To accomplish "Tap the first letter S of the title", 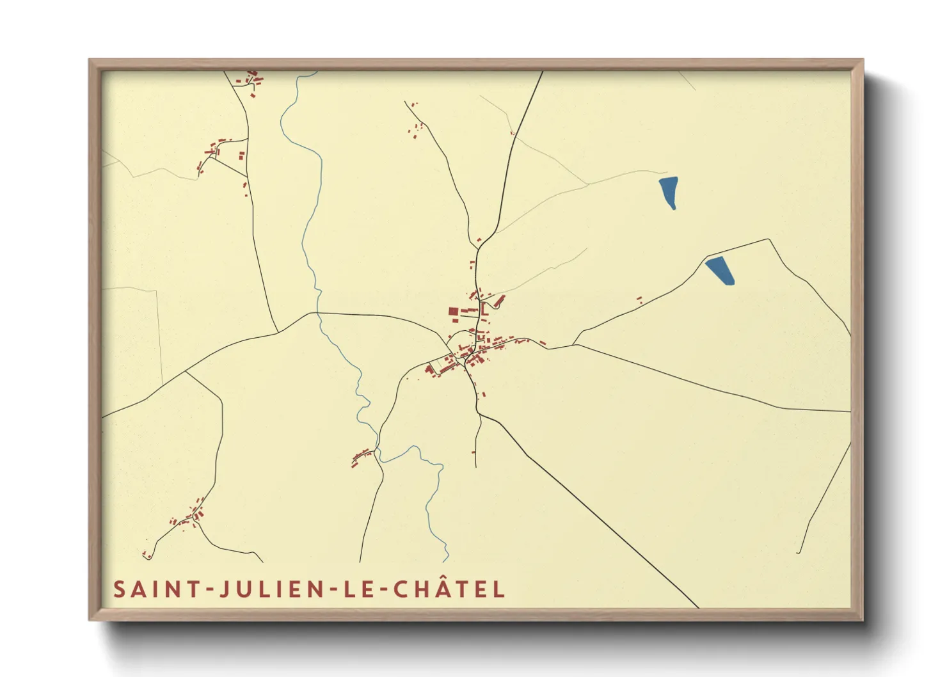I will pyautogui.click(x=120, y=589).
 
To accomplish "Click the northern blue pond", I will pyautogui.click(x=669, y=192).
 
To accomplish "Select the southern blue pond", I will pyautogui.click(x=720, y=269).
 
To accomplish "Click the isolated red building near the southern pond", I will pyautogui.click(x=639, y=298).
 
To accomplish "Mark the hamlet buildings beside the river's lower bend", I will pyautogui.click(x=362, y=456).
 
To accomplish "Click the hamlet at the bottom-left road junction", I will pyautogui.click(x=194, y=515).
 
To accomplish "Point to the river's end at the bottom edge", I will pyautogui.click(x=445, y=561).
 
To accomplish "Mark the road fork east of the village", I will pyautogui.click(x=574, y=345).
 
